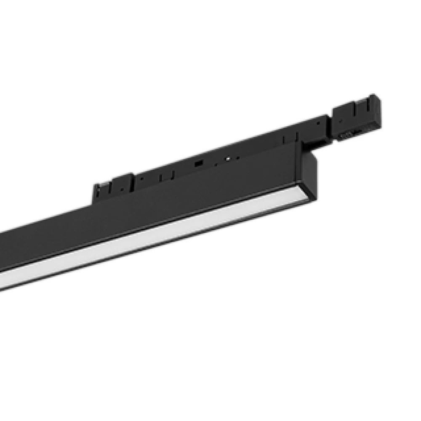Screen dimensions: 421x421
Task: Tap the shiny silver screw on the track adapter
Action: [x=228, y=159]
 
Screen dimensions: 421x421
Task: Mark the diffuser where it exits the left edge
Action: [x=3, y=281]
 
